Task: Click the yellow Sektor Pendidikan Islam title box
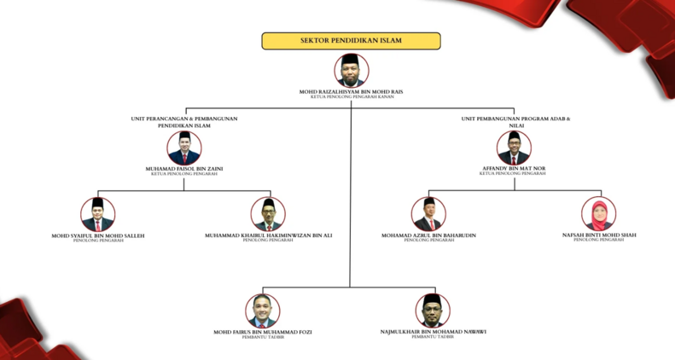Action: pos(351,41)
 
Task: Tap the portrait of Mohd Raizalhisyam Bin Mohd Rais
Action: pos(352,70)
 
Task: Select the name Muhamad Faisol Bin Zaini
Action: pos(184,169)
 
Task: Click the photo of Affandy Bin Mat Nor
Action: pos(514,148)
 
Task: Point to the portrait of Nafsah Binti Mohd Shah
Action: pos(598,213)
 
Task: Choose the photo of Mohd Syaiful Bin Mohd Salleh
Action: pos(98,214)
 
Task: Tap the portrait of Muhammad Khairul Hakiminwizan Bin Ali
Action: pos(268,214)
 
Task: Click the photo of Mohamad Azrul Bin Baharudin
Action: pos(428,213)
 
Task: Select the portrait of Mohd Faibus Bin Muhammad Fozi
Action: pos(263,311)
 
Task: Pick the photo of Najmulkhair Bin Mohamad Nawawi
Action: pos(433,311)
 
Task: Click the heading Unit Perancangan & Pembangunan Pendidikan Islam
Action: pos(184,122)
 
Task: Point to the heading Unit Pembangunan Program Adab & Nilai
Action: pos(515,122)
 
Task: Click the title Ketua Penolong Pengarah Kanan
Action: pos(352,97)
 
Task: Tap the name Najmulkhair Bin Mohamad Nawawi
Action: pos(433,331)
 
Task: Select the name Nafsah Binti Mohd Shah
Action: pos(598,235)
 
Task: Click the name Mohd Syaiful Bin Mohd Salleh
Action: pos(98,235)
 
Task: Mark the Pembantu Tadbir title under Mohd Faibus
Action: pos(263,337)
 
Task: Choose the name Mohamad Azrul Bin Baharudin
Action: pos(428,235)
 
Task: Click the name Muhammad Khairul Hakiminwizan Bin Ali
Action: pos(268,235)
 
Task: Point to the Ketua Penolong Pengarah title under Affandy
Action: pos(513,174)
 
